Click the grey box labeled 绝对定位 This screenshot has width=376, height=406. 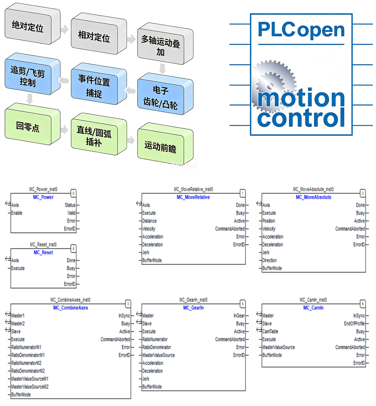tap(32, 24)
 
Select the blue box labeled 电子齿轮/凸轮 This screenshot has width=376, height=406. tap(165, 94)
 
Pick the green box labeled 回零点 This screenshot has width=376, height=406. tap(32, 124)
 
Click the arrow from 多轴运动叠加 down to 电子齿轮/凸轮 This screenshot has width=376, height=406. tap(163, 69)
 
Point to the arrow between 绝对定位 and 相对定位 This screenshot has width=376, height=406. tap(65, 29)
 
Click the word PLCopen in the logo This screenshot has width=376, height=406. tap(301, 30)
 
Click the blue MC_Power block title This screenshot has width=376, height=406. tap(43, 197)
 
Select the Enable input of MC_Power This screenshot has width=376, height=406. tap(17, 213)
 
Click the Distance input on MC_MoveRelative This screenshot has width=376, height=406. tap(149, 221)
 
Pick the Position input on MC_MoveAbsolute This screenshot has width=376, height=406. tap(269, 221)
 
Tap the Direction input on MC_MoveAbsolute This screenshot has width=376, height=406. tap(269, 260)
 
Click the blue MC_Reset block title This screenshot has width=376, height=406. tap(43, 253)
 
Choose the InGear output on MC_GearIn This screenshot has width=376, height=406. tap(239, 316)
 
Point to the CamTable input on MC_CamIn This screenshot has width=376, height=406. tap(270, 331)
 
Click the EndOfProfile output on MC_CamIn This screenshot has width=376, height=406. tap(354, 323)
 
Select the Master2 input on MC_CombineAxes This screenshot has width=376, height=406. tap(18, 323)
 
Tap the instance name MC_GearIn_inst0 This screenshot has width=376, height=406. tap(193, 300)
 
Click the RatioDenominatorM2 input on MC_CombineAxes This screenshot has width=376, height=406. tap(28, 371)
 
